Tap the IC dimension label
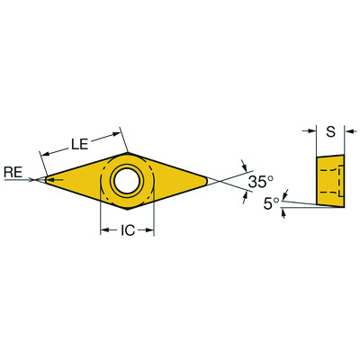coord(127,230)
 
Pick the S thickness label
coord(330,131)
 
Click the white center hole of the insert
coord(126,181)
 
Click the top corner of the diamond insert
coord(127,152)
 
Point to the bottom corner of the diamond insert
coord(127,211)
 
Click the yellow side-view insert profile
coord(329,180)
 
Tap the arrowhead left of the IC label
coord(103,230)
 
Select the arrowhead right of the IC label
coord(149,230)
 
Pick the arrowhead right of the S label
coord(348,131)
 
